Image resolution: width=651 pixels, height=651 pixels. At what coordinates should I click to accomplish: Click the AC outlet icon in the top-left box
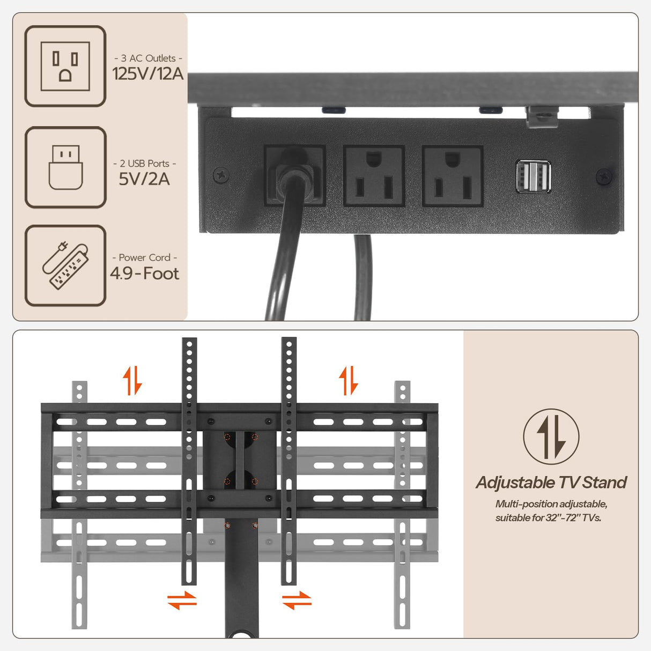pyautogui.click(x=65, y=66)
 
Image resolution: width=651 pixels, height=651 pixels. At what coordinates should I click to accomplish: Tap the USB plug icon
pyautogui.click(x=65, y=167)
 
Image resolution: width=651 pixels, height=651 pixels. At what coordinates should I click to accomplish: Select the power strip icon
pyautogui.click(x=65, y=265)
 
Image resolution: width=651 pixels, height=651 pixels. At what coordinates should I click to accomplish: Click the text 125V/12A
pyautogui.click(x=147, y=73)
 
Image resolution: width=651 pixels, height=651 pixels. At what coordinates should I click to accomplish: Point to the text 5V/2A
pyautogui.click(x=144, y=179)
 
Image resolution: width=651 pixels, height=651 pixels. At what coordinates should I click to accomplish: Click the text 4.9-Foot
pyautogui.click(x=144, y=273)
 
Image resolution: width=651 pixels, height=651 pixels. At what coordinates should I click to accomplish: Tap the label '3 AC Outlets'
pyautogui.click(x=148, y=58)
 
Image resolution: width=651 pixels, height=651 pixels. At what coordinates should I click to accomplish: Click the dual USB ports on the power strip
pyautogui.click(x=533, y=176)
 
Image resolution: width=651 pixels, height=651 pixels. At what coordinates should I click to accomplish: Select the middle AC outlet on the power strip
pyautogui.click(x=374, y=176)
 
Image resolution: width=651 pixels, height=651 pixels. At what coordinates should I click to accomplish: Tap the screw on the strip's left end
pyautogui.click(x=221, y=174)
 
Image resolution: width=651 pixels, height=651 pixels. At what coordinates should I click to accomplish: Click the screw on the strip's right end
pyautogui.click(x=604, y=176)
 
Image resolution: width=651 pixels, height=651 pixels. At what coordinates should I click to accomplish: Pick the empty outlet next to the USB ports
pyautogui.click(x=453, y=176)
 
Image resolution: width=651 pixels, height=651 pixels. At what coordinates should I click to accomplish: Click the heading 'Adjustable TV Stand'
pyautogui.click(x=551, y=483)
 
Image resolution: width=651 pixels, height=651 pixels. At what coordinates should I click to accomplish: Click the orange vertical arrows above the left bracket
pyautogui.click(x=132, y=380)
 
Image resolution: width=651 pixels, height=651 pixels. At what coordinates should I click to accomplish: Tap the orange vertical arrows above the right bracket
pyautogui.click(x=349, y=380)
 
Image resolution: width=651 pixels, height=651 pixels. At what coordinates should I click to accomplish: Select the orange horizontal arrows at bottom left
pyautogui.click(x=182, y=600)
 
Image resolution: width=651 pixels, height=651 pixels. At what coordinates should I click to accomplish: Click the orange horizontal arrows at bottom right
pyautogui.click(x=297, y=600)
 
